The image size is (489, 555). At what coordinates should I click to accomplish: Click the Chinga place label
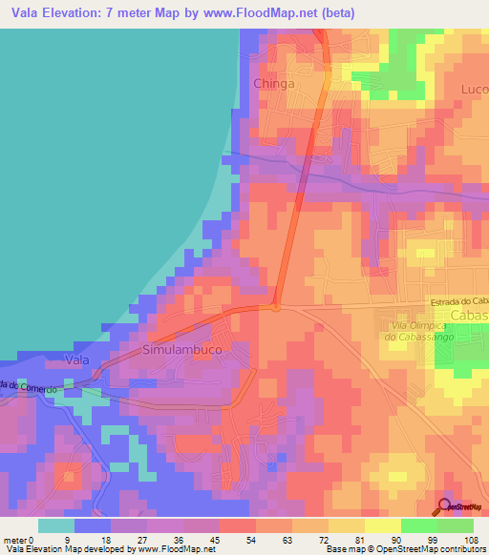(273, 84)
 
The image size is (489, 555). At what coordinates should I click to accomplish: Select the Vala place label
(77, 360)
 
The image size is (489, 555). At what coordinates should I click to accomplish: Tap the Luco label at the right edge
(475, 89)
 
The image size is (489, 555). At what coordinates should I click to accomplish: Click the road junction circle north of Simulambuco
(275, 307)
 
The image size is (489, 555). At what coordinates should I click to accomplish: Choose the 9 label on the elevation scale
(66, 539)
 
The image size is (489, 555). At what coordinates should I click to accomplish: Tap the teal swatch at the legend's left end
(56, 525)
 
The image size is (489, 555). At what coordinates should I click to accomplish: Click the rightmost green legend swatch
(456, 525)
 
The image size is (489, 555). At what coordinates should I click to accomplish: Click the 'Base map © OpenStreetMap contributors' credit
(405, 549)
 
